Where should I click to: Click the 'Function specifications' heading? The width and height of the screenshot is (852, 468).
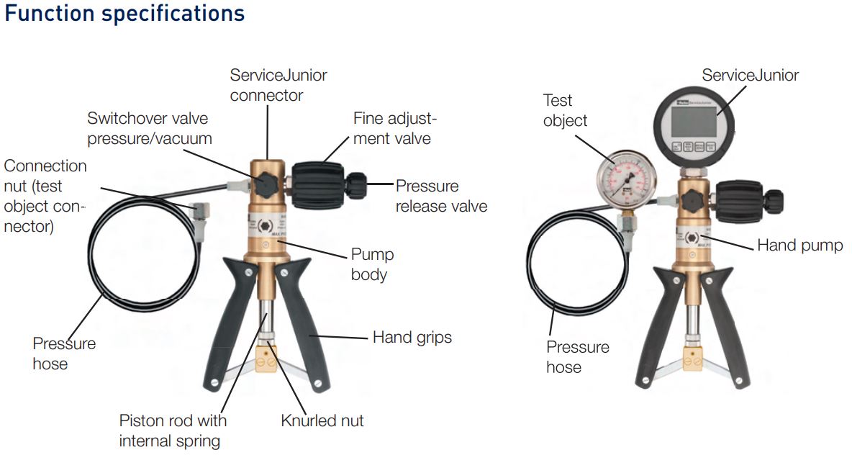pyautogui.click(x=124, y=14)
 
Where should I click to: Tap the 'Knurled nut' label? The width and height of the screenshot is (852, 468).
pyautogui.click(x=322, y=420)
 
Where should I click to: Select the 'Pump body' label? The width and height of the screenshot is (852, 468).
pyautogui.click(x=372, y=264)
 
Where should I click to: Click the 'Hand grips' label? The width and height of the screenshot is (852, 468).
pyautogui.click(x=412, y=338)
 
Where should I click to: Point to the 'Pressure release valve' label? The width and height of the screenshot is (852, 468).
pyautogui.click(x=441, y=196)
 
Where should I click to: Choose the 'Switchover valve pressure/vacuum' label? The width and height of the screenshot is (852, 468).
pyautogui.click(x=150, y=128)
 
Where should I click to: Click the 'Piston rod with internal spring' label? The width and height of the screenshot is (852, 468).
pyautogui.click(x=173, y=431)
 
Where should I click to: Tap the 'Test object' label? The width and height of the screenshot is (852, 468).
pyautogui.click(x=565, y=110)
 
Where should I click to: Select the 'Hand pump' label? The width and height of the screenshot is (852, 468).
pyautogui.click(x=800, y=245)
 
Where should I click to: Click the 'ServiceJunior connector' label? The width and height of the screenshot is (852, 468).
pyautogui.click(x=278, y=85)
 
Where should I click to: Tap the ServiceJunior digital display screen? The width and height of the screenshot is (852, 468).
pyautogui.click(x=694, y=122)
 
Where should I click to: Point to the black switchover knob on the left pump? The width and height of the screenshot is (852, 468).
pyautogui.click(x=266, y=185)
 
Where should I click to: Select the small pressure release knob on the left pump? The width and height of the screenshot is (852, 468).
pyautogui.click(x=356, y=185)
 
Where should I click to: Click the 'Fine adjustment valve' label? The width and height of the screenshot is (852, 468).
pyautogui.click(x=395, y=128)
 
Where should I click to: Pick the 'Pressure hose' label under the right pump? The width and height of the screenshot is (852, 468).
pyautogui.click(x=578, y=357)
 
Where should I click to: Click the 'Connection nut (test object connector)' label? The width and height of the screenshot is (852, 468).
pyautogui.click(x=45, y=196)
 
